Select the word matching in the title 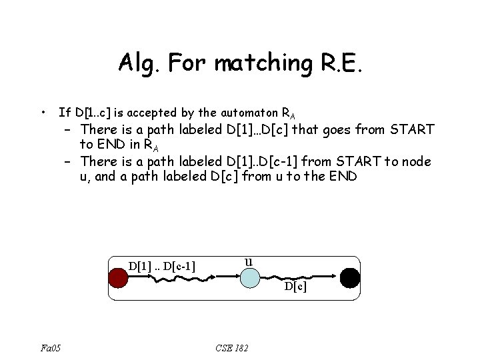[x=243, y=63]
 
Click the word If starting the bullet [x=64, y=111]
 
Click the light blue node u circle [x=248, y=277]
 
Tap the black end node [x=349, y=277]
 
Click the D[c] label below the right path [x=295, y=287]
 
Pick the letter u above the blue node [x=248, y=261]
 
